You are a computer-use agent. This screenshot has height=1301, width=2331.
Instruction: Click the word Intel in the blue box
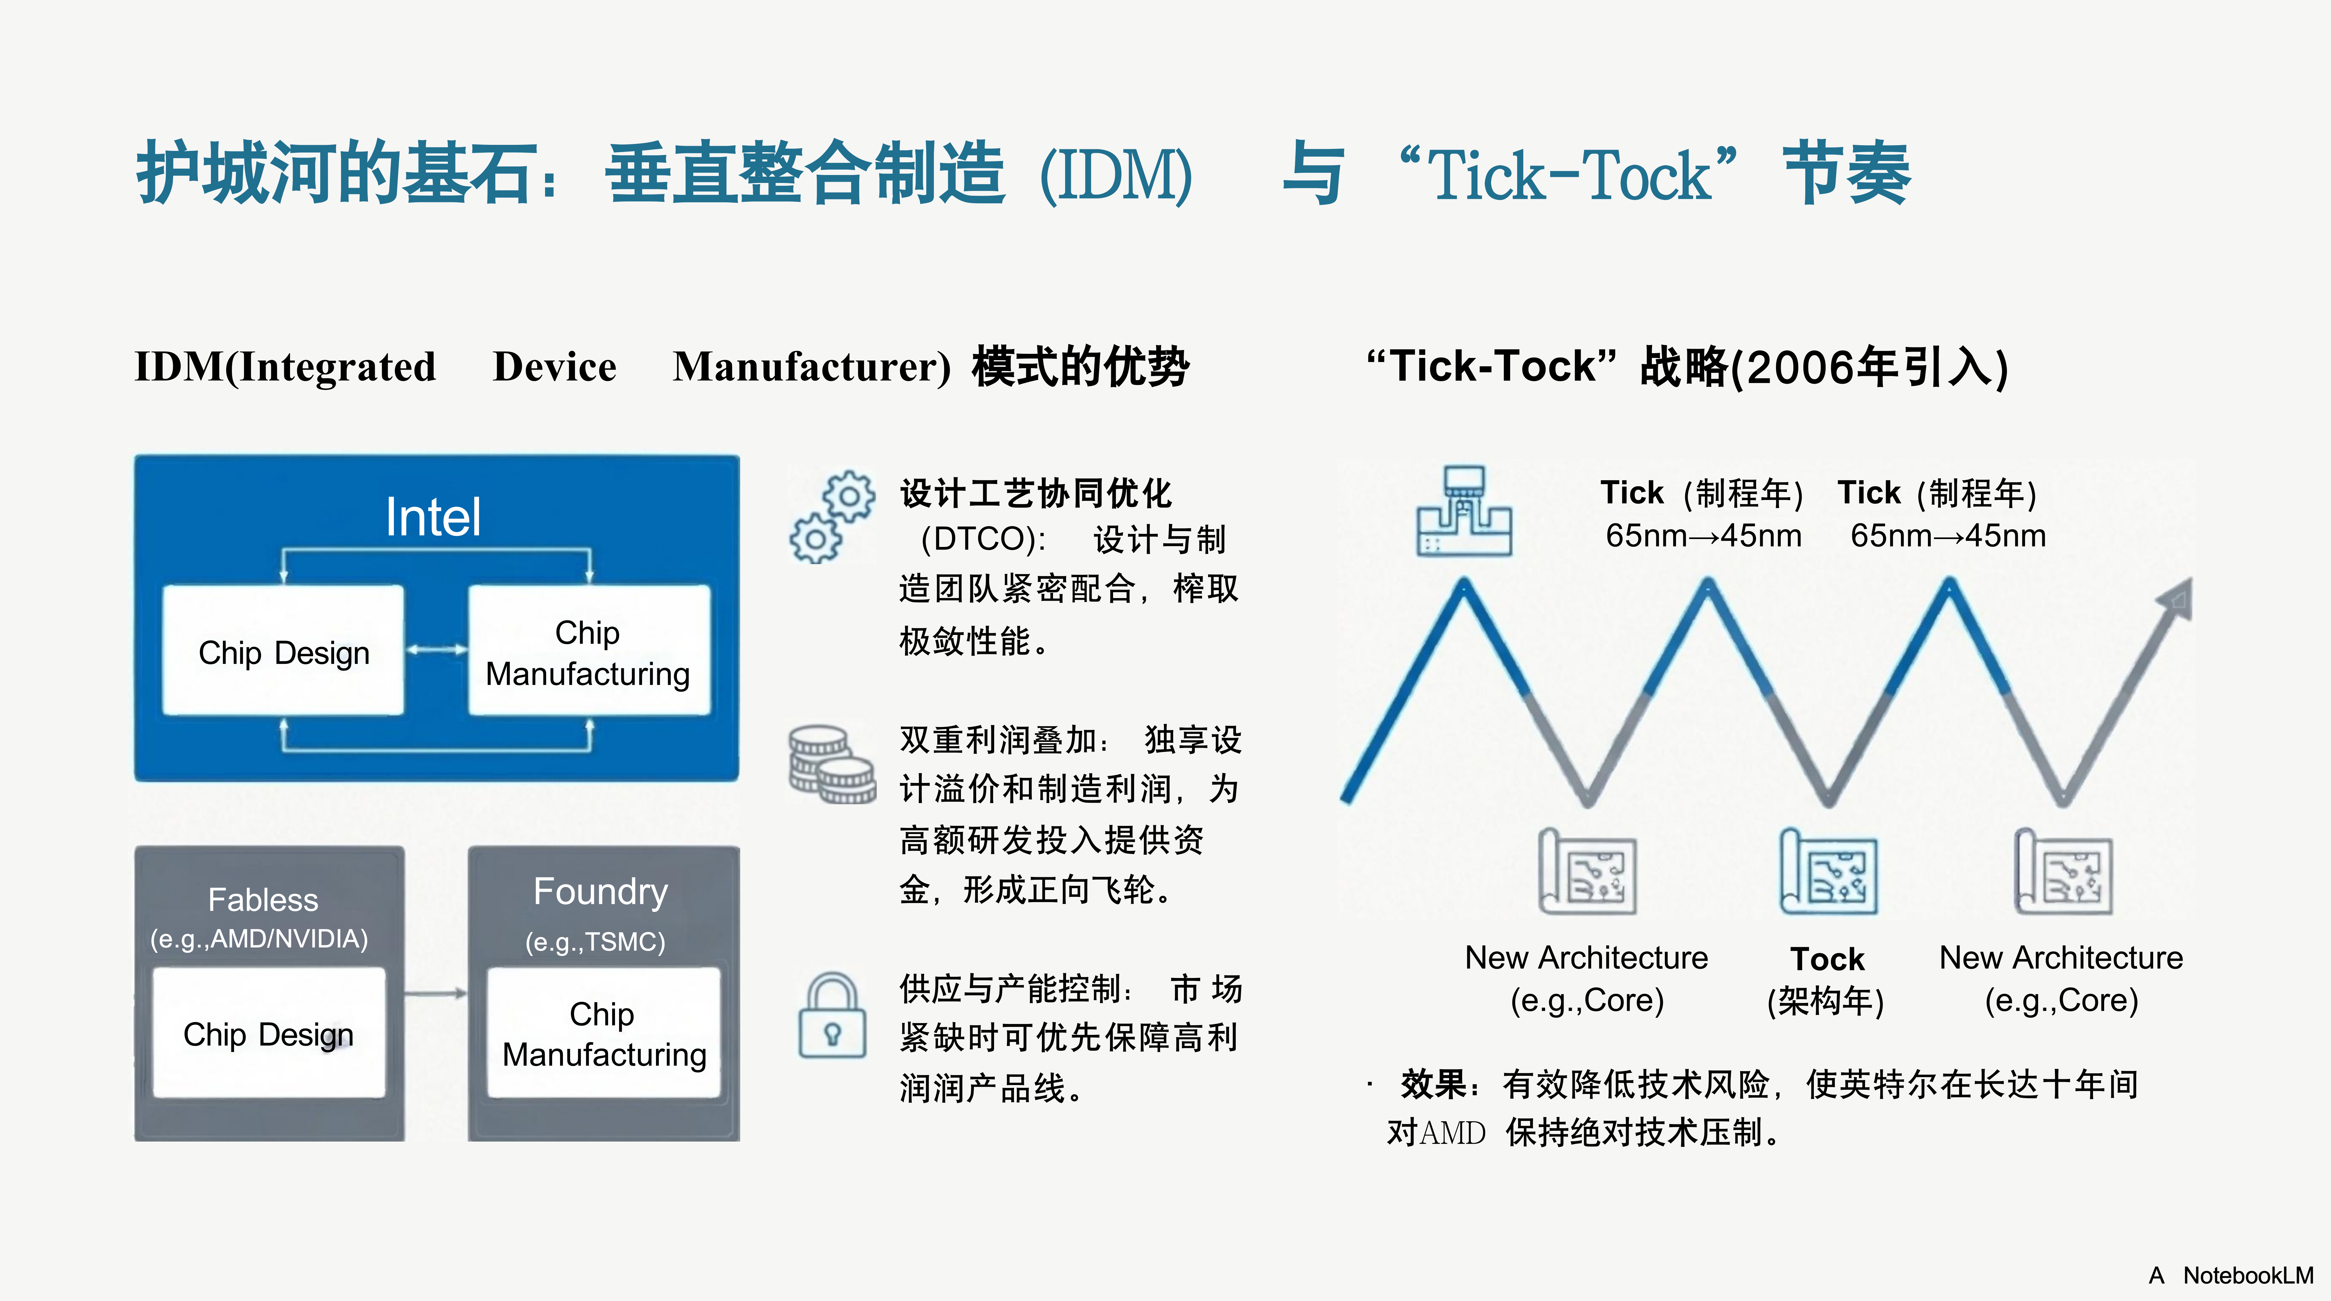[433, 517]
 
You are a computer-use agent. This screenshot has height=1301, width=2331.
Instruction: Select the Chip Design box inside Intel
[283, 651]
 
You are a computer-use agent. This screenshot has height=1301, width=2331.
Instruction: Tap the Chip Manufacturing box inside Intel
[588, 651]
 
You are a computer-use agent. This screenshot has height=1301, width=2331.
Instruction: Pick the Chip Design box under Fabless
[269, 1033]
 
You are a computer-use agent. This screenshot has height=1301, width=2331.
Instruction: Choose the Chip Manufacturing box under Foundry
[604, 1033]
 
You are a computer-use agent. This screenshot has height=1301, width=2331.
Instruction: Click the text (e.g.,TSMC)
[595, 942]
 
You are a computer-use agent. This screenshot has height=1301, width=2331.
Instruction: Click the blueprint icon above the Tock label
[1828, 871]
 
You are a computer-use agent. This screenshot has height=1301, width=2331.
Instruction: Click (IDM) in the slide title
[1116, 175]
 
